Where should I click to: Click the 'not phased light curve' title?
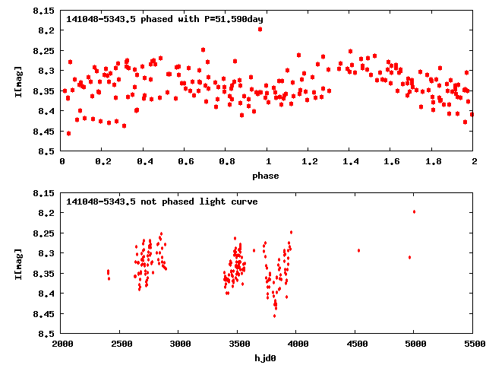162,202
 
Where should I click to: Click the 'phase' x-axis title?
265,176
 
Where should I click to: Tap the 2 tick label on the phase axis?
474,161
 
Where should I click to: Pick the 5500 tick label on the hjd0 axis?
474,344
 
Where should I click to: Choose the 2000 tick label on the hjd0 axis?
62,344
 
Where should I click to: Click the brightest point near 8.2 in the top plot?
260,29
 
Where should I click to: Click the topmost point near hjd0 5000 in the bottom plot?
414,211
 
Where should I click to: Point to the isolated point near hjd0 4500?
358,250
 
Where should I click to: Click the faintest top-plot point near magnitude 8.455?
68,133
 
